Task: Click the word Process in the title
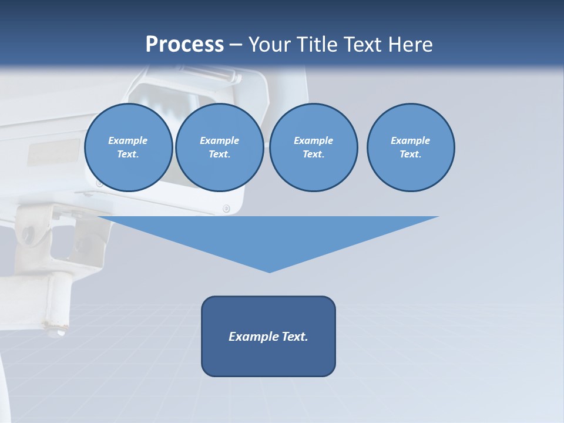point(184,45)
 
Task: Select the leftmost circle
point(128,147)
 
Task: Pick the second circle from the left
point(220,147)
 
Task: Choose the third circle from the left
point(313,147)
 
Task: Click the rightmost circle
point(411,147)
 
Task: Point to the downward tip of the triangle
point(269,271)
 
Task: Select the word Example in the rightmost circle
point(411,140)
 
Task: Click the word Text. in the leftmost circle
point(128,155)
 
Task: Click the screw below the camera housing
point(226,209)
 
